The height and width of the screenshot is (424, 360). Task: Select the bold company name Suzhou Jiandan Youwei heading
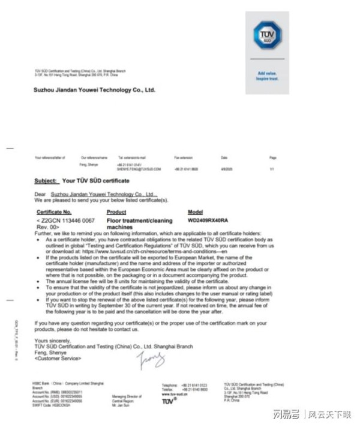click(94, 89)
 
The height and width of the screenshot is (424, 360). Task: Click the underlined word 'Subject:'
click(46, 180)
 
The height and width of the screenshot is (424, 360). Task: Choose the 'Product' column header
click(116, 212)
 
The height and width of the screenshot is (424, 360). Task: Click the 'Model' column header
click(196, 212)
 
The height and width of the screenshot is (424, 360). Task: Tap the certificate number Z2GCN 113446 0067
click(67, 220)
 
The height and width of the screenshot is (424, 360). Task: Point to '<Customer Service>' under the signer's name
click(58, 359)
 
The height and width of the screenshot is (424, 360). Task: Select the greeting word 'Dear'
click(40, 195)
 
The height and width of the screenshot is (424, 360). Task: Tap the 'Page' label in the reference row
click(273, 157)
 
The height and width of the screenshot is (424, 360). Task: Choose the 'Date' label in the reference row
click(224, 157)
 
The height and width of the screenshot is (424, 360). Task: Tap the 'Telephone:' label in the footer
click(170, 385)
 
